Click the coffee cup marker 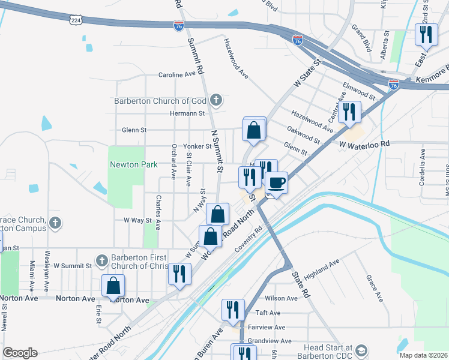tap(276, 182)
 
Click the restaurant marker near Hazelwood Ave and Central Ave tap(349, 112)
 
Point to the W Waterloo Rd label tap(364, 144)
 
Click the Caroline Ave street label tap(177, 75)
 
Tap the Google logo tap(20, 353)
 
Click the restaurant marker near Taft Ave tap(233, 310)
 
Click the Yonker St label tap(197, 146)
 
